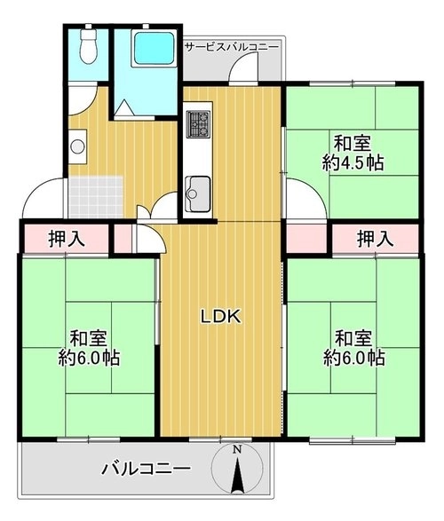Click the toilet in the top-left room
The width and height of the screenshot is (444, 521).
[88, 46]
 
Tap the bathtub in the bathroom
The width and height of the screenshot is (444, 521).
[154, 48]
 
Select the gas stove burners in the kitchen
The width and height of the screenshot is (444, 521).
[199, 124]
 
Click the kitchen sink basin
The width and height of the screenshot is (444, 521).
[198, 193]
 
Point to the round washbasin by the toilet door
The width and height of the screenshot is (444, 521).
[77, 146]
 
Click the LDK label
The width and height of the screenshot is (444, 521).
[220, 317]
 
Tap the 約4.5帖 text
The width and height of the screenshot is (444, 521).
[353, 163]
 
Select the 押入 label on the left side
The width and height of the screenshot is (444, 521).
[67, 239]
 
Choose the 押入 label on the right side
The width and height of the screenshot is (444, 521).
[376, 239]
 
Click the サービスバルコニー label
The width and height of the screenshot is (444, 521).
[232, 47]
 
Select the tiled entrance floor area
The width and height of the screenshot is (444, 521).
[96, 197]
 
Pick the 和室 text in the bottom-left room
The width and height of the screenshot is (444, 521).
[89, 338]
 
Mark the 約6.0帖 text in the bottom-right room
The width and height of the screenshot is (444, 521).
[354, 358]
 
